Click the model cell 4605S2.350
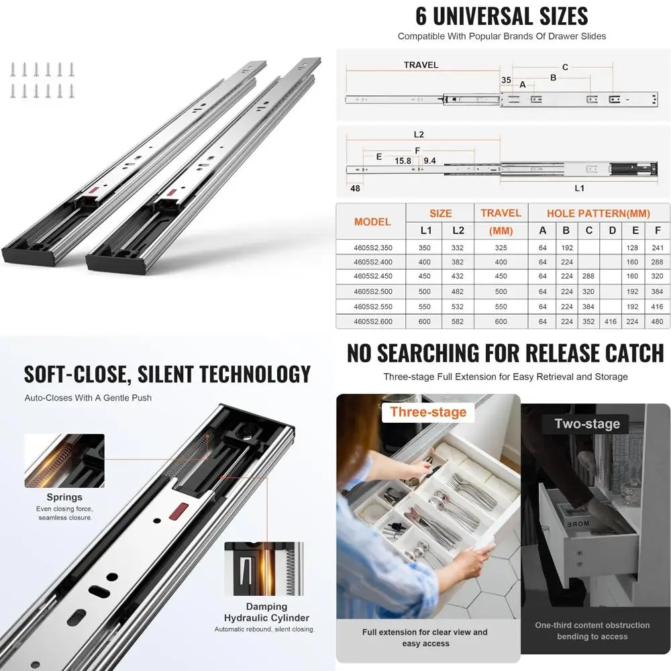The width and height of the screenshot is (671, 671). (372, 248)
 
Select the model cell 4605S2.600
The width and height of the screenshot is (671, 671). (372, 321)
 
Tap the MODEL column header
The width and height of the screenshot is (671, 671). (372, 221)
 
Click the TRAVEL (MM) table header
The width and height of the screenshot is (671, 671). (501, 221)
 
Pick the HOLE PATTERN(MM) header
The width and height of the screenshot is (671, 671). (598, 213)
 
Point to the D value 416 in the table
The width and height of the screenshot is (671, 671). (612, 321)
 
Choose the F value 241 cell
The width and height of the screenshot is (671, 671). (657, 248)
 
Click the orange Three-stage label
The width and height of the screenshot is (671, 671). (428, 412)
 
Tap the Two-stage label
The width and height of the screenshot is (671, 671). (587, 423)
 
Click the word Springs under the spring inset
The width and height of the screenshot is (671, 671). (64, 497)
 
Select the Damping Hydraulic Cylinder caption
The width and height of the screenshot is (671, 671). (266, 612)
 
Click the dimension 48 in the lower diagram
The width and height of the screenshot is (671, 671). (354, 189)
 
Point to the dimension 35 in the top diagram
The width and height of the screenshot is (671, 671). (505, 80)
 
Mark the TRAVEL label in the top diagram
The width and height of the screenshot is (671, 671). (421, 65)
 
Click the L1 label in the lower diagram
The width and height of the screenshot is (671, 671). (579, 189)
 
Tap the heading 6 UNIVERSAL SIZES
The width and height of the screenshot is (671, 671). (501, 15)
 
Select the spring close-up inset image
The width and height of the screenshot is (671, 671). (64, 460)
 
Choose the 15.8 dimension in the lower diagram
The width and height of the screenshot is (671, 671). (403, 161)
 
